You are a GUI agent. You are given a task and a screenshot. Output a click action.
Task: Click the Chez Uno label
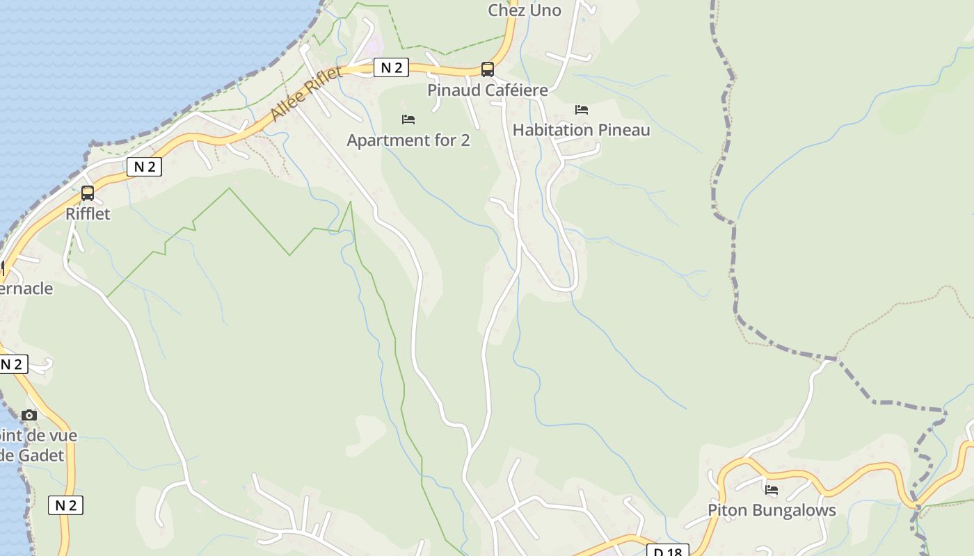[x=524, y=10]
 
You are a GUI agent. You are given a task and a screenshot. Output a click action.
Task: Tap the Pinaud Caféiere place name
[x=487, y=90]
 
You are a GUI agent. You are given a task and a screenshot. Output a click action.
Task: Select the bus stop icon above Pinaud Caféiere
[x=488, y=69]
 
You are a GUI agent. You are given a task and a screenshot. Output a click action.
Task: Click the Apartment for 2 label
[x=408, y=140]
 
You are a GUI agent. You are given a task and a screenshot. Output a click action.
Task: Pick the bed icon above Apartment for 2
[x=408, y=120]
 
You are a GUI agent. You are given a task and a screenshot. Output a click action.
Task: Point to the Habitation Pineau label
[x=581, y=130]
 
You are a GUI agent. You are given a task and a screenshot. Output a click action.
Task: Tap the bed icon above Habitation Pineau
[x=582, y=110]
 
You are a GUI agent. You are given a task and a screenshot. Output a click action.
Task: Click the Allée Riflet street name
[x=306, y=95]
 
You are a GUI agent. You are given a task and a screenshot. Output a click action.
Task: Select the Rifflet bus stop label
[x=88, y=214]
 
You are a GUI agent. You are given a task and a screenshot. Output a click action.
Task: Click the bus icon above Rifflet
[x=88, y=193]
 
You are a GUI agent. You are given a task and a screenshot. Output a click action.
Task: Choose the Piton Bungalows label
[x=772, y=510]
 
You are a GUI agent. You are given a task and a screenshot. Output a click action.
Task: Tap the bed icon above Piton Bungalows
[x=772, y=490]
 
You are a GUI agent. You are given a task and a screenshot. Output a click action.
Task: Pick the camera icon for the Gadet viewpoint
[x=29, y=416]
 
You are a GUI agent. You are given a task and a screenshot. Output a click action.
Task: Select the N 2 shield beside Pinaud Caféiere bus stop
[x=392, y=67]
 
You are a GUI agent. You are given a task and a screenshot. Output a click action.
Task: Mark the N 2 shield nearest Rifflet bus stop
[x=145, y=167]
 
